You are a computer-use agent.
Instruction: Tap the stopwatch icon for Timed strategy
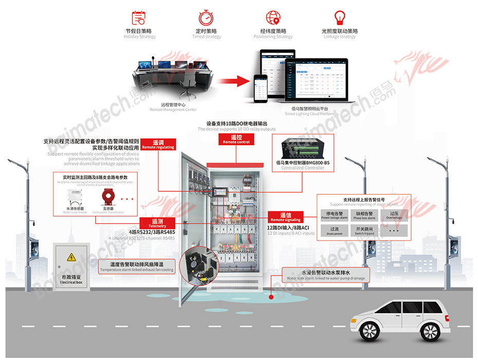[206, 17]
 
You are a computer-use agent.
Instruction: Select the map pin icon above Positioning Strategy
[273, 17]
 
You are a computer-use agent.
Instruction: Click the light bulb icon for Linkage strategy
[339, 17]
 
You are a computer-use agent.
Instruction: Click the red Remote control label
[236, 139]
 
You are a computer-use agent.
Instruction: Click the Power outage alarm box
[334, 215]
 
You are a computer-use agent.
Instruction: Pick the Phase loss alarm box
[364, 215]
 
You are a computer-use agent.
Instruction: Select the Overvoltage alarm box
[394, 215]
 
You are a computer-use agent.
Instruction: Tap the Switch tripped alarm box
[364, 231]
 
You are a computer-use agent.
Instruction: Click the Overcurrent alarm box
[334, 231]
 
